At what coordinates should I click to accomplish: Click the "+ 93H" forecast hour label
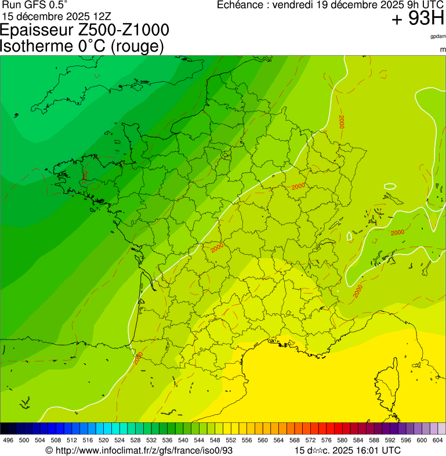418,19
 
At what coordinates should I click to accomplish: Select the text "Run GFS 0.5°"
35,5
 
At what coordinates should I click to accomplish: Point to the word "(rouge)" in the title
136,46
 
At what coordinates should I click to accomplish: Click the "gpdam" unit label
438,36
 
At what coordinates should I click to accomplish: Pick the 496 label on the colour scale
8,440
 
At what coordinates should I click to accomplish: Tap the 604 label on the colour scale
438,440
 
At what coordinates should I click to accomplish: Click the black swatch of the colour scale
5,428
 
